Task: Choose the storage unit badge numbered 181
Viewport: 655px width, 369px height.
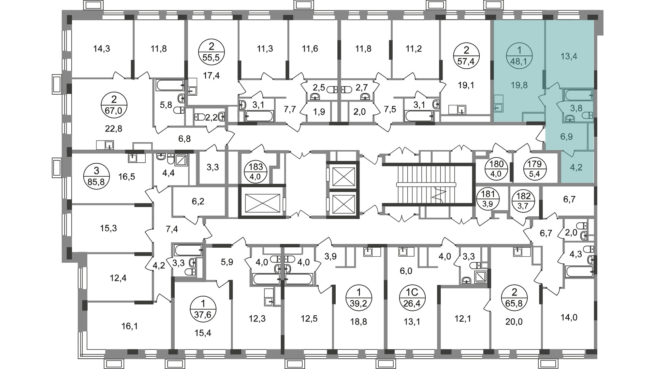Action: [488, 199]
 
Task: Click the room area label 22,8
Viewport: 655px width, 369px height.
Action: [114, 129]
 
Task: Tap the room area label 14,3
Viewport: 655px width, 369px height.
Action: [102, 49]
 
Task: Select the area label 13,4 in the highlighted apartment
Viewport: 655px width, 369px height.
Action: [569, 56]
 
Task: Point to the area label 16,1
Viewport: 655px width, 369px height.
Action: [130, 326]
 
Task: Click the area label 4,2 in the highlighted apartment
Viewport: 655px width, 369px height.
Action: [576, 168]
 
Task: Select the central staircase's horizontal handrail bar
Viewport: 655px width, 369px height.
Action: [426, 184]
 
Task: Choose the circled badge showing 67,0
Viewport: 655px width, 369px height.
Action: [114, 105]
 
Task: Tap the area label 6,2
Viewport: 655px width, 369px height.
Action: [198, 201]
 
